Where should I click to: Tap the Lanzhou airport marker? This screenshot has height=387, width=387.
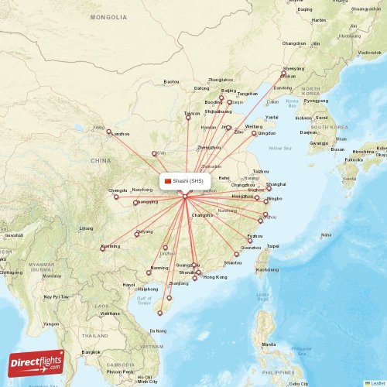[x=109, y=132]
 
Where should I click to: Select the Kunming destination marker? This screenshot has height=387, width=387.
[x=102, y=248]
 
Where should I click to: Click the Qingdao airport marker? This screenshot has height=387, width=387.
[x=254, y=133]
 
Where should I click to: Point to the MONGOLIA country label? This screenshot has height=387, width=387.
[x=108, y=17]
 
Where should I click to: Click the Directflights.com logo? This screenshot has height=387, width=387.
[x=36, y=362]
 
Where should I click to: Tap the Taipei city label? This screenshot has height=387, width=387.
[x=272, y=246]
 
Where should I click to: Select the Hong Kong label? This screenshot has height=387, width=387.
[x=215, y=276]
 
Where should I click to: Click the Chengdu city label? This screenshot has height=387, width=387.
[x=118, y=190]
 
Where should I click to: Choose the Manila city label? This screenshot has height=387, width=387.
[x=269, y=344]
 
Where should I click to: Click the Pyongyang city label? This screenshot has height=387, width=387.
[x=316, y=100]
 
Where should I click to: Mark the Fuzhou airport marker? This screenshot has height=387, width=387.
[x=250, y=240]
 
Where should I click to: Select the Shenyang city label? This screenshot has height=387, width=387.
[x=293, y=68]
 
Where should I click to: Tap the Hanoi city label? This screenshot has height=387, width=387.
[x=128, y=285]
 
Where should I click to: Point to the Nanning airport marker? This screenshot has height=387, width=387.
[x=149, y=272]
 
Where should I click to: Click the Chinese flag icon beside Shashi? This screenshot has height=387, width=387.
[x=168, y=180]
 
